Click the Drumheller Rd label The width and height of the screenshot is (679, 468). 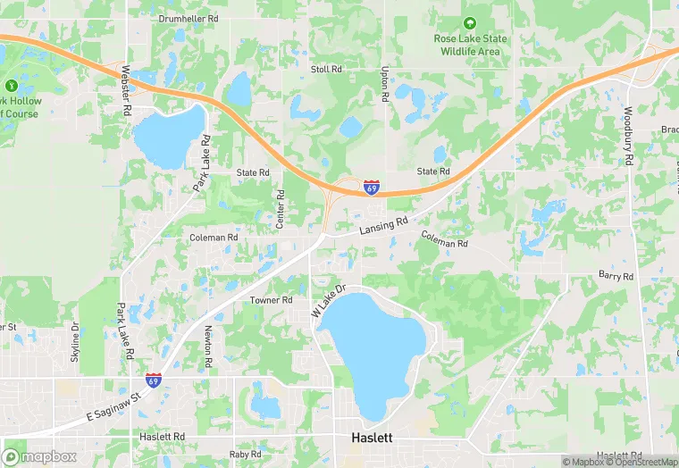point(189,18)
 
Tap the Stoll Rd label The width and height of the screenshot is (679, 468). point(326,69)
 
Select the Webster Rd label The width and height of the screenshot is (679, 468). point(126,87)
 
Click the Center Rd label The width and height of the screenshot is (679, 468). point(281,208)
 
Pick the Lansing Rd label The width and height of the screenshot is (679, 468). point(383,226)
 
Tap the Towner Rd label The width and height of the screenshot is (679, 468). point(271,300)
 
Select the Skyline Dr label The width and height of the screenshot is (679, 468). point(75,342)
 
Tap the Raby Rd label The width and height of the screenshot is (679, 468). point(245,455)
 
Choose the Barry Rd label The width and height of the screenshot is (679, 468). point(616,276)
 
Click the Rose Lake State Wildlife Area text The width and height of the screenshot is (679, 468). point(470,45)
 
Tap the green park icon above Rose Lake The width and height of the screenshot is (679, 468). point(470,21)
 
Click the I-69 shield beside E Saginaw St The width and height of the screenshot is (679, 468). point(155,380)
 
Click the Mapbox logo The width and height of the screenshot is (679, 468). point(38,455)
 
